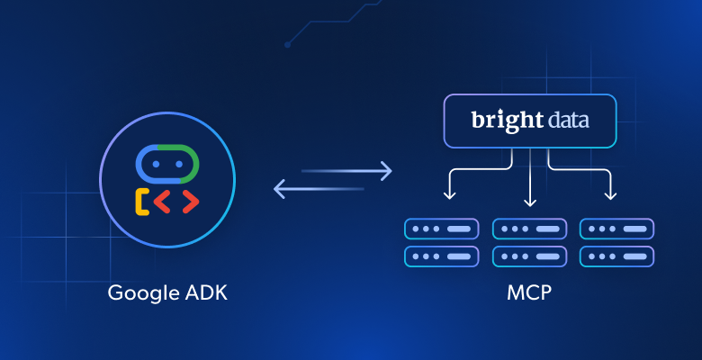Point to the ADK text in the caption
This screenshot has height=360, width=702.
pyautogui.click(x=207, y=293)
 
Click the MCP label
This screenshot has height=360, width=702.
pyautogui.click(x=529, y=293)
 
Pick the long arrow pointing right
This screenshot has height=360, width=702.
pyautogui.click(x=346, y=169)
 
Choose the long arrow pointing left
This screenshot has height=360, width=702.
pyautogui.click(x=319, y=189)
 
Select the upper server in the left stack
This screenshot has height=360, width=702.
pyautogui.click(x=442, y=229)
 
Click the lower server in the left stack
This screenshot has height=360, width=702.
pyautogui.click(x=442, y=256)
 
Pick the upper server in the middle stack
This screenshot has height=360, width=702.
pyautogui.click(x=529, y=229)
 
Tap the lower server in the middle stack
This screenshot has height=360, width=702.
pyautogui.click(x=529, y=256)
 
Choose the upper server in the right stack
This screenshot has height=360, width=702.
pyautogui.click(x=616, y=229)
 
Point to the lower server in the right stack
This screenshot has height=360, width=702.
pyautogui.click(x=616, y=256)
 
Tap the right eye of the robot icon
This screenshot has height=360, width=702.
pyautogui.click(x=179, y=165)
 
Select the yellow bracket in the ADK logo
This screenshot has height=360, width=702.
pyautogui.click(x=141, y=202)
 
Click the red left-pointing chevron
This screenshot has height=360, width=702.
pyautogui.click(x=162, y=202)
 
